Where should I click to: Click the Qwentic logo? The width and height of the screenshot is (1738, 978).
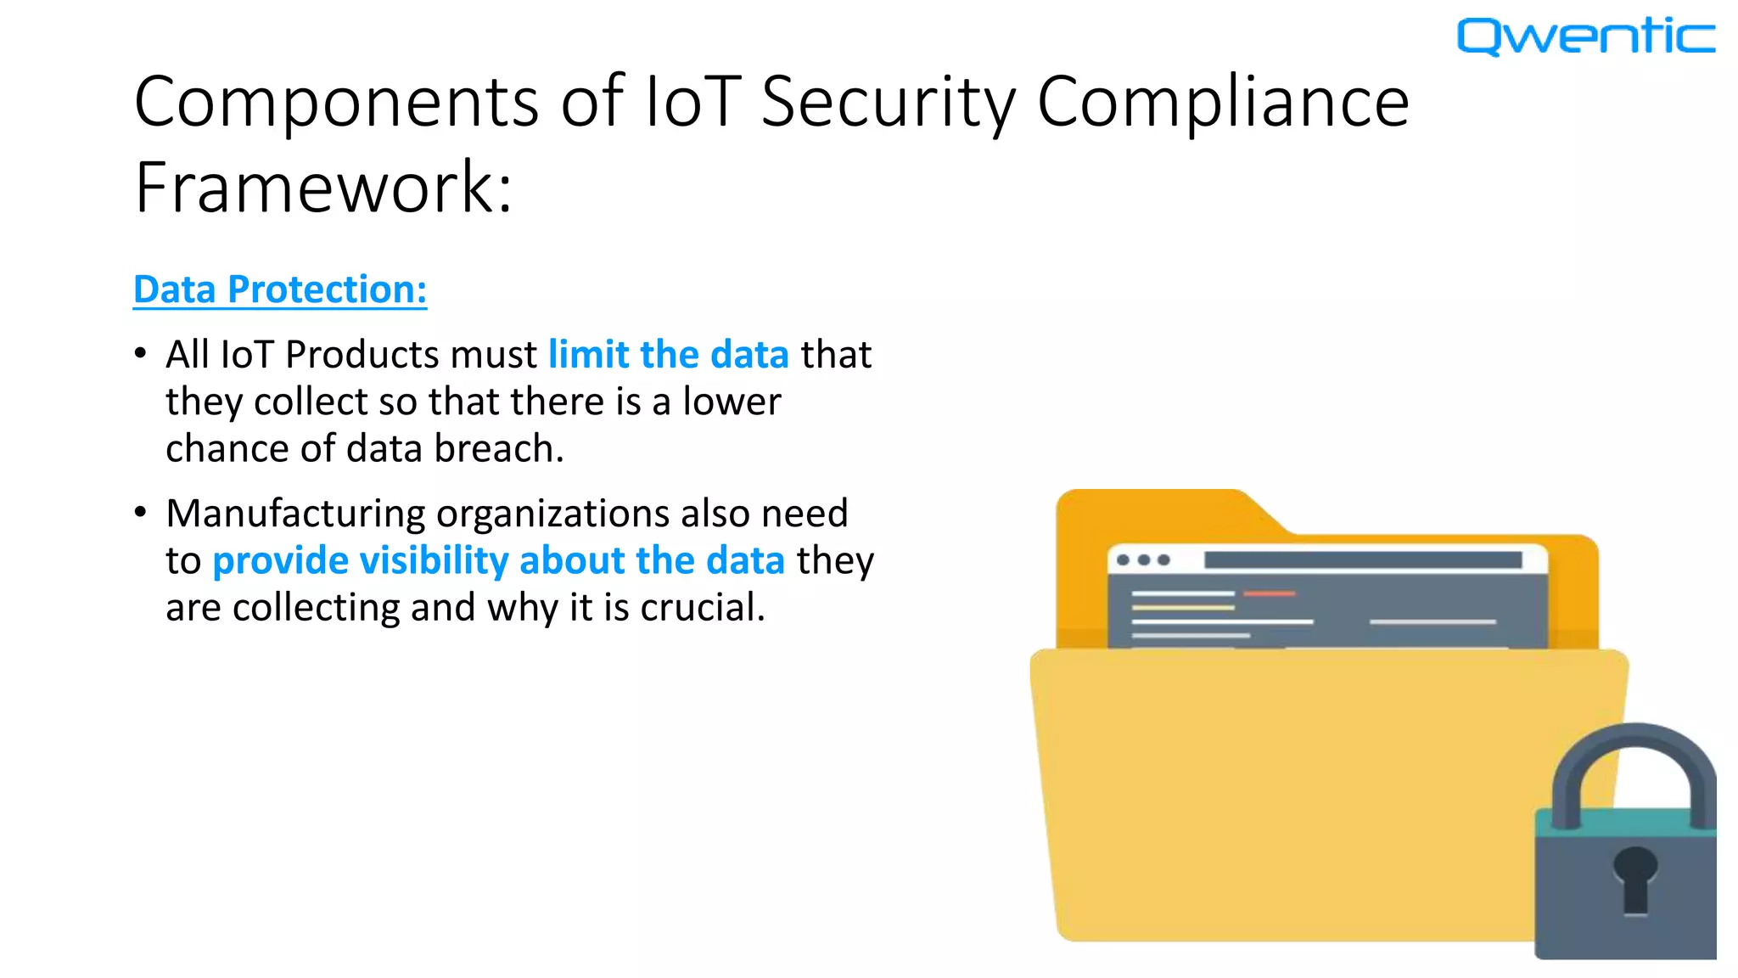1585,37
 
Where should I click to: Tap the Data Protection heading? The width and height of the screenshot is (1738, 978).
280,289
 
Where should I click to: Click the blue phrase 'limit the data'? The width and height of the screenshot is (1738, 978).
669,355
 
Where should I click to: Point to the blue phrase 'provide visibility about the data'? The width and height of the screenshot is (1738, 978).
498,561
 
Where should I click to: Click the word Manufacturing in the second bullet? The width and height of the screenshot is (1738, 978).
295,514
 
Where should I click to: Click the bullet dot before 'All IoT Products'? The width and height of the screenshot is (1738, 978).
141,353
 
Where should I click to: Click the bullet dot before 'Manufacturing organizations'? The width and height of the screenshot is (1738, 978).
141,512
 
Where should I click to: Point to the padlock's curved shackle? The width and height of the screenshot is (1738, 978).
1634,756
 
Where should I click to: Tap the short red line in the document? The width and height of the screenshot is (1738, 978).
1270,593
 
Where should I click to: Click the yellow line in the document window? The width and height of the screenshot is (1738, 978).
1182,608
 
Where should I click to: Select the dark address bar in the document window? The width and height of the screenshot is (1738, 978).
1362,560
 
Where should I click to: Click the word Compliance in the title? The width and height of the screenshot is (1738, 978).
1223,102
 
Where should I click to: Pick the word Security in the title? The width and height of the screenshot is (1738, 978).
888,102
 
